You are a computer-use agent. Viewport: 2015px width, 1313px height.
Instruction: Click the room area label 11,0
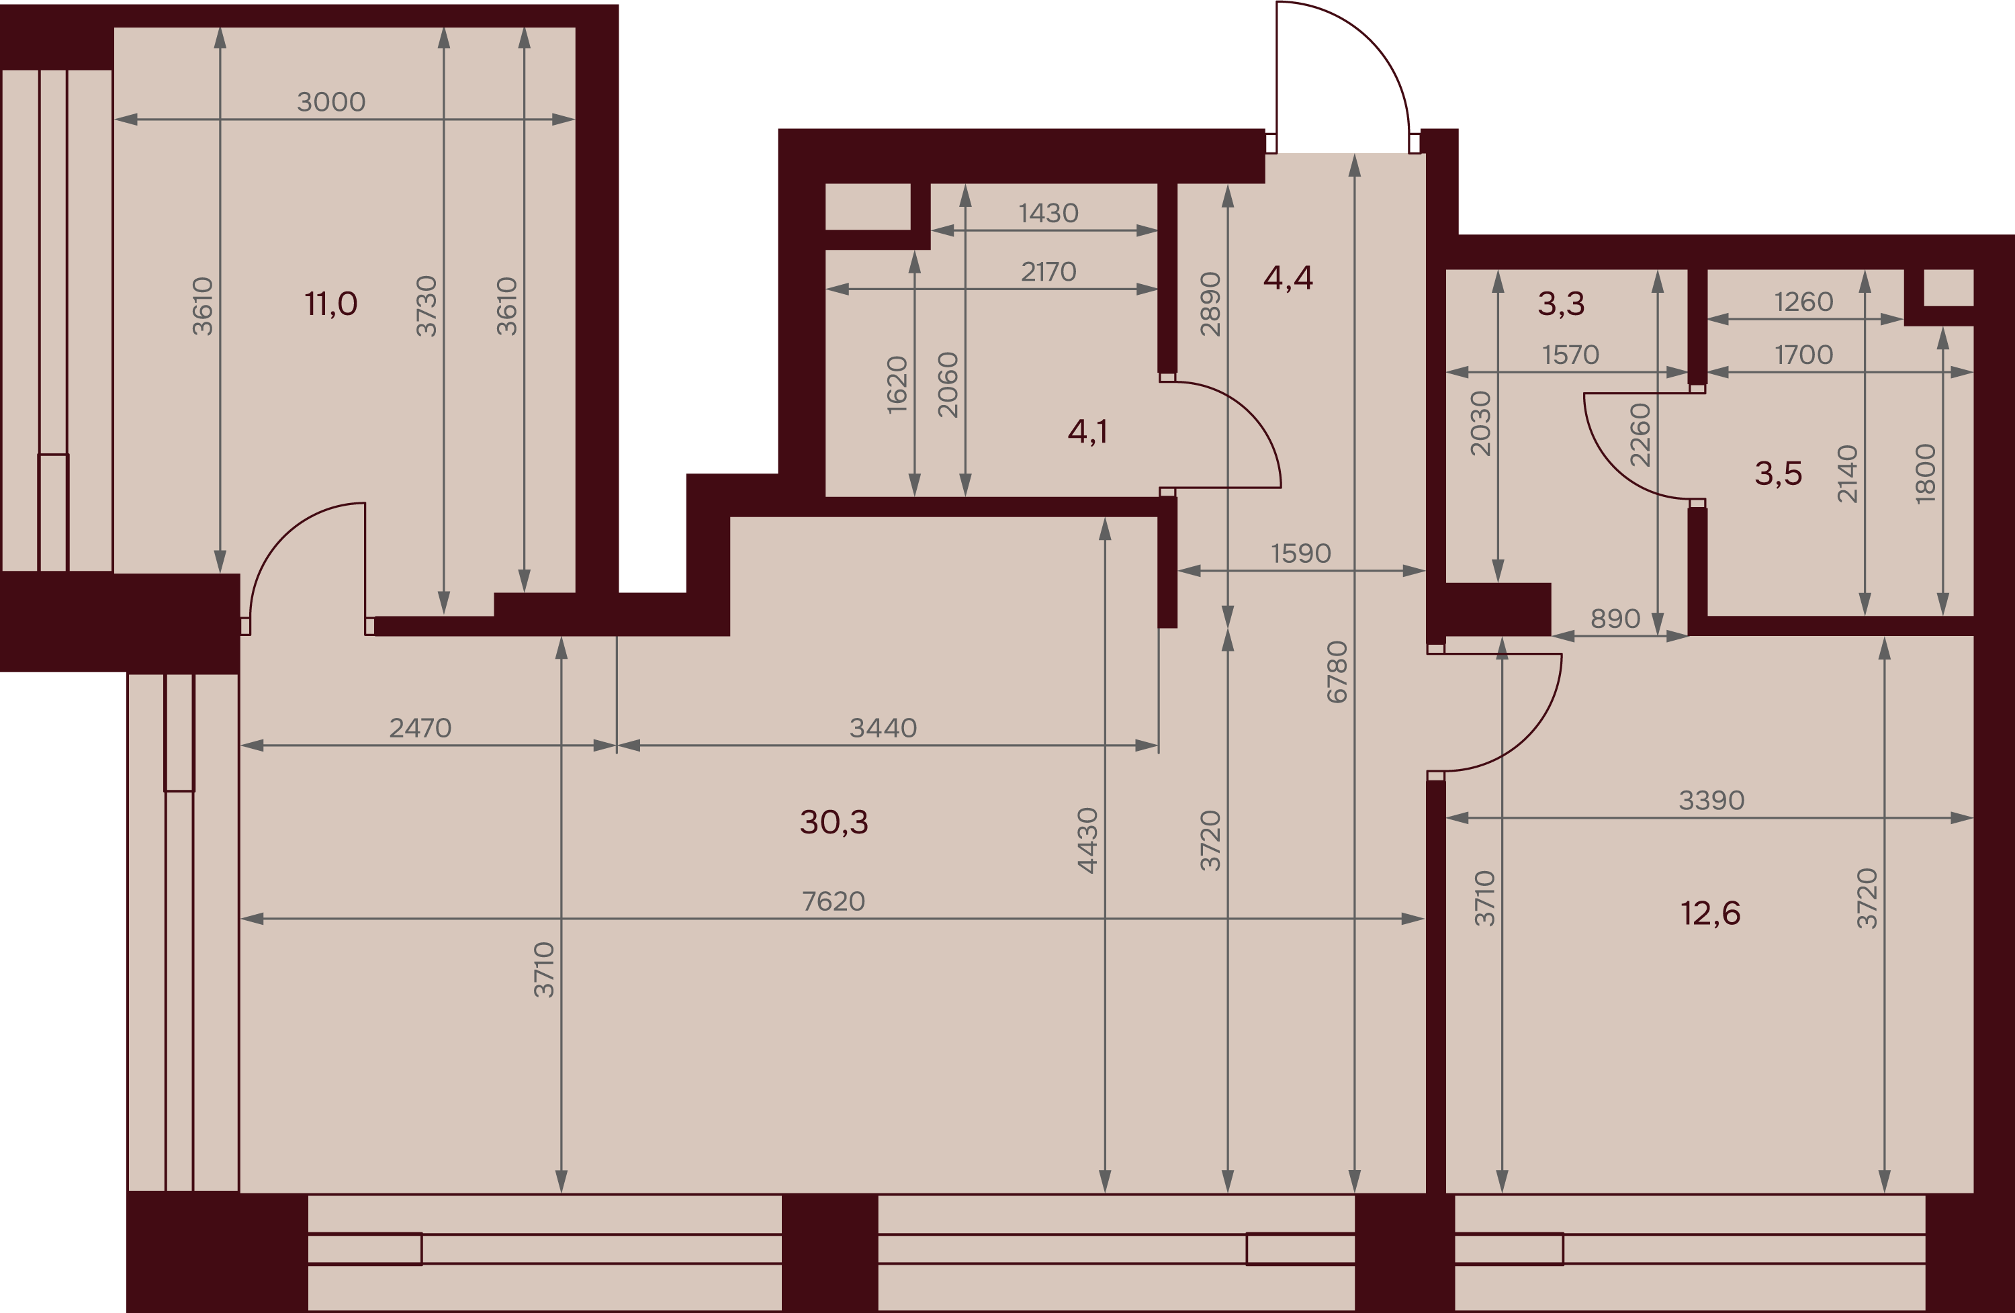[331, 303]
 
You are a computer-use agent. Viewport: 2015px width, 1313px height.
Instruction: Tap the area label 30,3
[834, 822]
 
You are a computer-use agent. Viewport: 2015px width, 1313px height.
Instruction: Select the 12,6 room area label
[1710, 913]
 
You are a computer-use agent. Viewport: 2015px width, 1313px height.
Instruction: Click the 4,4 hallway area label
[1288, 277]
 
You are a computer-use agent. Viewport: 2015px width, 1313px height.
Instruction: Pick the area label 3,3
[1561, 303]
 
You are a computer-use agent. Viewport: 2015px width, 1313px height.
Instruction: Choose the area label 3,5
[1778, 473]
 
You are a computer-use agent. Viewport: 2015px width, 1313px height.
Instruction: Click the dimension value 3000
[331, 101]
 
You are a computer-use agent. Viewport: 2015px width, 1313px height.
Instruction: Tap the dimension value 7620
[834, 901]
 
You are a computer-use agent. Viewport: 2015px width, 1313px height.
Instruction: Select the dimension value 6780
[1337, 672]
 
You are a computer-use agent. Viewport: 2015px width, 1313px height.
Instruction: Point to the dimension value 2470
[420, 728]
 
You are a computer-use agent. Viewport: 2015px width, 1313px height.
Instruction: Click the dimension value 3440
[883, 728]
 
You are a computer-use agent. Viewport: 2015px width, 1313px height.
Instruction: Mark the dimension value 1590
[1301, 553]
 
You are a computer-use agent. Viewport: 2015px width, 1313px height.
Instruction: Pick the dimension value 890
[1615, 619]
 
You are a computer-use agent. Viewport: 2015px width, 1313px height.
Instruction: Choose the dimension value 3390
[1712, 800]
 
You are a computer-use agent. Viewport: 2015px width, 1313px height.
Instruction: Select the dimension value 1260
[1803, 302]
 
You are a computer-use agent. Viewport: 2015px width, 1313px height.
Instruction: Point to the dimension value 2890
[1211, 305]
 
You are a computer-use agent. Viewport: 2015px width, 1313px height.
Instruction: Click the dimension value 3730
[427, 306]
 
